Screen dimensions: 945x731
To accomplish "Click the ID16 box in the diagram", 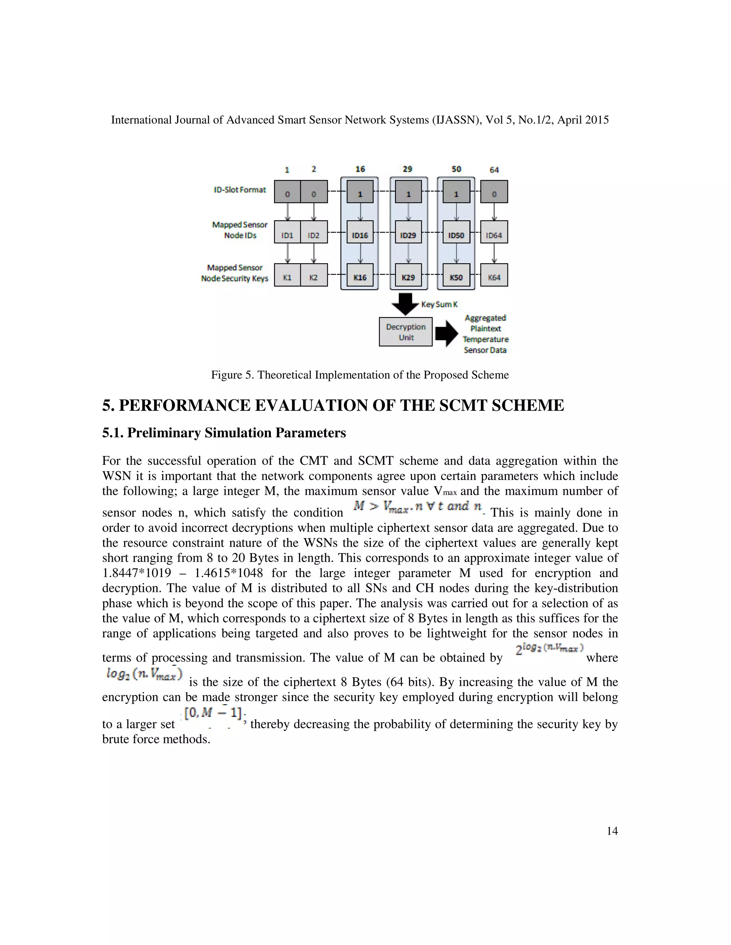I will [x=360, y=235].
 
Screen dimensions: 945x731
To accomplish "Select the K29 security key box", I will [x=408, y=277].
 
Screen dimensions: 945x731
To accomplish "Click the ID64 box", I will [x=494, y=235].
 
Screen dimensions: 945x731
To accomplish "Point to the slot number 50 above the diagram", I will [x=456, y=169].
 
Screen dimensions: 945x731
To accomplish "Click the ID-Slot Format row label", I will [x=240, y=189].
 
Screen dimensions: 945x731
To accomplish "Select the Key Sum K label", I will [x=439, y=304].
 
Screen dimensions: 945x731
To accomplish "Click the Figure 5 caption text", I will [x=359, y=375].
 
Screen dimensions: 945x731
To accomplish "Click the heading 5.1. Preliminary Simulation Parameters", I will [x=224, y=433].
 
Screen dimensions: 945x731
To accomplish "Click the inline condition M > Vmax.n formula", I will [x=418, y=507].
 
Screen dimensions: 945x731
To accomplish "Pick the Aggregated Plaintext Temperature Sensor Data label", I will [x=485, y=334].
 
